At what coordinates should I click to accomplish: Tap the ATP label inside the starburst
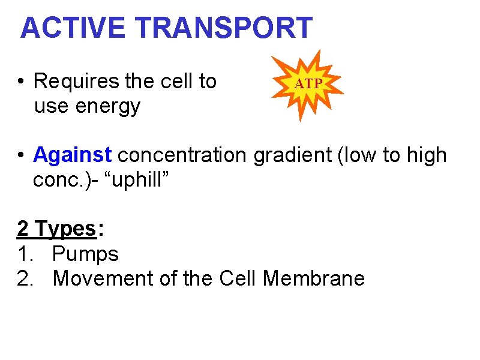point(308,85)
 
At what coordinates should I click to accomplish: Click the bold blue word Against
point(73,155)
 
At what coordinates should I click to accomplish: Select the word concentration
point(182,155)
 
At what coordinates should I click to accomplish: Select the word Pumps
point(85,254)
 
